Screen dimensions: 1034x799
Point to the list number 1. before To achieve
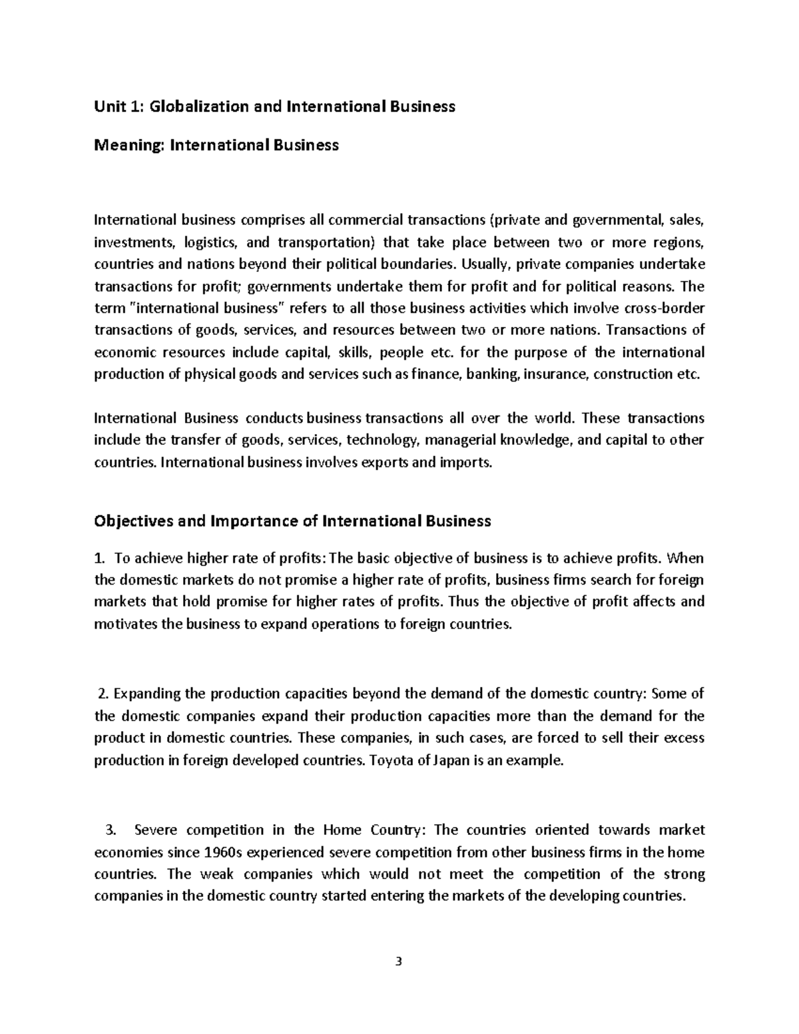[100, 558]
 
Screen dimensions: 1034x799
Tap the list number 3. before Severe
[111, 830]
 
